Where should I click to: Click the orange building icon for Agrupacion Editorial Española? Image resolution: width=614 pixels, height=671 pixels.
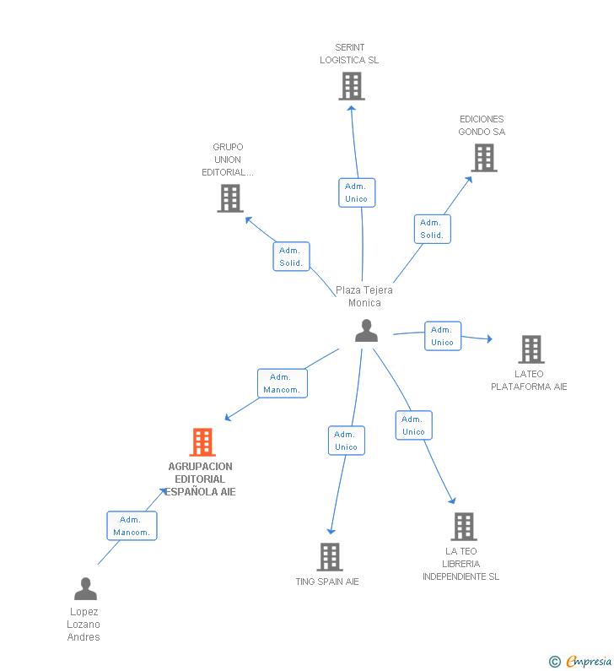(202, 442)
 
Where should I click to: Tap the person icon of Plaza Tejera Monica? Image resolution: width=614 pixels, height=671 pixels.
(366, 330)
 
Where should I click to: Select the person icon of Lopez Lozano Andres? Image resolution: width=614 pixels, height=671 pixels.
(85, 588)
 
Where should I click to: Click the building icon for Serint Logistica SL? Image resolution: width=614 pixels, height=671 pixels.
(352, 86)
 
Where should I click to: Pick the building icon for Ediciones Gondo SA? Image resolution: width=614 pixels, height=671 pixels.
(484, 158)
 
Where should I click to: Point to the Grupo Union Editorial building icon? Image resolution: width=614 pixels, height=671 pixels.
(230, 198)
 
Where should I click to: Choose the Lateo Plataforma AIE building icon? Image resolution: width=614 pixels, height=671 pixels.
(531, 349)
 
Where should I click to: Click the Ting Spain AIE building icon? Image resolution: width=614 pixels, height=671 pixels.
(330, 557)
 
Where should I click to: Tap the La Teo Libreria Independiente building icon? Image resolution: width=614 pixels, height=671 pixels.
(464, 527)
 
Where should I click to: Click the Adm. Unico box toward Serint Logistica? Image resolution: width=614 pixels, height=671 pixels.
(357, 192)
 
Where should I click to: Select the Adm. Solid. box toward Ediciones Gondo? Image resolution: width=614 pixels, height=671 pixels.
(433, 229)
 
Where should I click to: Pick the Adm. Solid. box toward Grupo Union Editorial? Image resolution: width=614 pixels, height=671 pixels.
(291, 257)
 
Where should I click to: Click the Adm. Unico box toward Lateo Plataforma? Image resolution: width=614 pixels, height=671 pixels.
(443, 336)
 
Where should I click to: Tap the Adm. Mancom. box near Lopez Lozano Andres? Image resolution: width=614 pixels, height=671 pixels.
(132, 526)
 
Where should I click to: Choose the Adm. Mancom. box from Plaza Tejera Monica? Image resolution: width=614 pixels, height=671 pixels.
(283, 383)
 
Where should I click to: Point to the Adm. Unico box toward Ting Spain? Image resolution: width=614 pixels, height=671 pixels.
(347, 441)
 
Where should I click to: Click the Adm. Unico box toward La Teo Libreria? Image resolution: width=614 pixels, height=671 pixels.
(413, 425)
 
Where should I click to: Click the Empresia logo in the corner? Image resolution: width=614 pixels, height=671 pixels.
(580, 662)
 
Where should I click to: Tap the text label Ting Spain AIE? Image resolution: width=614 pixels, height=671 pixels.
(327, 582)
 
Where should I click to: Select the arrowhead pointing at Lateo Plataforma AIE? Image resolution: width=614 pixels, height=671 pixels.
(489, 339)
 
